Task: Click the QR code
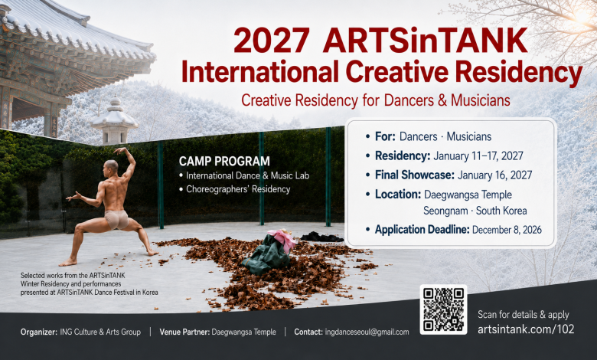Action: (x=443, y=309)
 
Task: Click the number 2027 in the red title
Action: (x=272, y=41)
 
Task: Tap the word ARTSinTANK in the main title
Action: (x=425, y=40)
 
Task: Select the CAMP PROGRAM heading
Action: (x=224, y=161)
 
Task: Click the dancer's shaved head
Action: (x=111, y=165)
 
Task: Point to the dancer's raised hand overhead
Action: (x=120, y=150)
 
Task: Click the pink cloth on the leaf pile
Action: (x=282, y=238)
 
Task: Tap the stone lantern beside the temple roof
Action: (x=115, y=121)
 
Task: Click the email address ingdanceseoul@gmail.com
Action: (x=367, y=332)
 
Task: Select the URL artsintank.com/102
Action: (x=526, y=329)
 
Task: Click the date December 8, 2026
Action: (x=507, y=230)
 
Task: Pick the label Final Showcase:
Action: (x=415, y=175)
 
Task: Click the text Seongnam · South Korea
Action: (x=475, y=211)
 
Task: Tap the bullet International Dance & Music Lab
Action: (x=247, y=175)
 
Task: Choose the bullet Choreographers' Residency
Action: (x=238, y=189)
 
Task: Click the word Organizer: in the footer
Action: (x=39, y=332)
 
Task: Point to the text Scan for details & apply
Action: (x=523, y=315)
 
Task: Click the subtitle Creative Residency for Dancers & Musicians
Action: (x=376, y=100)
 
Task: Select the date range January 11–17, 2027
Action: (x=478, y=155)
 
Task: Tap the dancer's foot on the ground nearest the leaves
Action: (x=152, y=252)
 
